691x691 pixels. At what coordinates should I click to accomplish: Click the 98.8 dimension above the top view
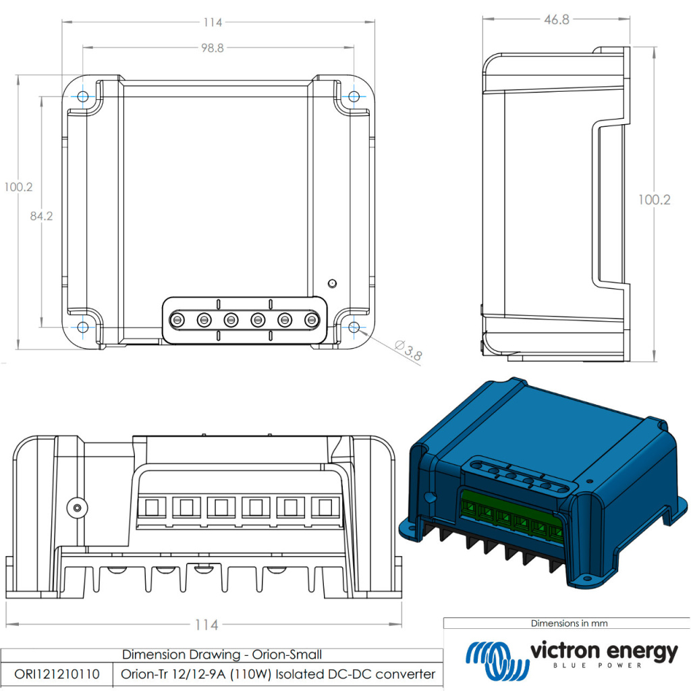(x=212, y=48)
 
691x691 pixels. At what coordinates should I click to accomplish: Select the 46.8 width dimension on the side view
(x=557, y=20)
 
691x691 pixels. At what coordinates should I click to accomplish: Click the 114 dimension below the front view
(x=206, y=625)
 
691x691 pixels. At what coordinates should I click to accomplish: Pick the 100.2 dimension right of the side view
(x=655, y=200)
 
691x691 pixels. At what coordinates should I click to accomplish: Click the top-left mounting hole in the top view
(x=83, y=96)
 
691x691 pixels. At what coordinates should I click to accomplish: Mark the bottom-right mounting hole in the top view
(x=354, y=327)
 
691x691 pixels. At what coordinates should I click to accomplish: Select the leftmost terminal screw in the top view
(x=177, y=320)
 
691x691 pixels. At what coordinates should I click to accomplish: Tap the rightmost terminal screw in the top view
(x=311, y=320)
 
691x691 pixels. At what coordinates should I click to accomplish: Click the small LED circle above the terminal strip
(x=331, y=283)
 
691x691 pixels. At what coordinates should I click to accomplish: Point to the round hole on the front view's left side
(x=77, y=506)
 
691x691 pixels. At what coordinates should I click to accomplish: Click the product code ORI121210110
(x=57, y=674)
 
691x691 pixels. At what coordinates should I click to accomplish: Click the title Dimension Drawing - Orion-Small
(x=222, y=655)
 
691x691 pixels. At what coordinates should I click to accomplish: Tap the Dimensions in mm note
(x=569, y=624)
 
